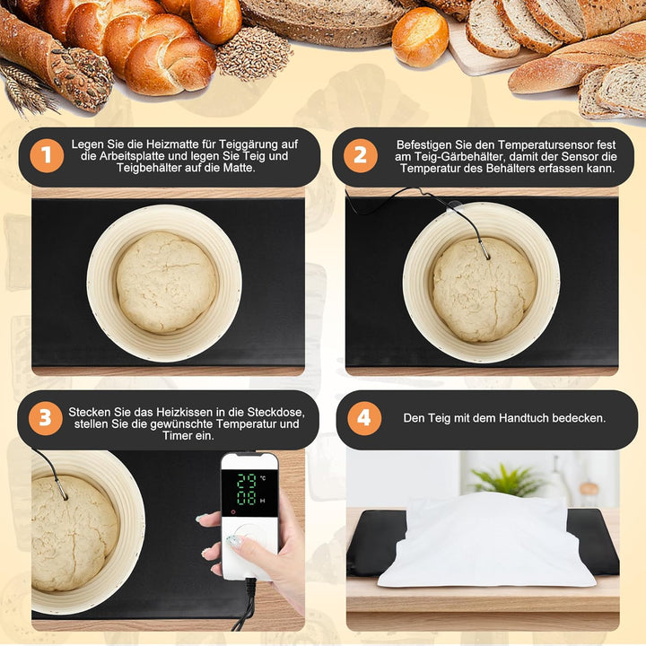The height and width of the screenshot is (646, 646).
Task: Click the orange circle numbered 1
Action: pos(47,156)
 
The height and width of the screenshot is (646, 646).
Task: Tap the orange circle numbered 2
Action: pos(360,156)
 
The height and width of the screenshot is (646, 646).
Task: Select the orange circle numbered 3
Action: pos(45,419)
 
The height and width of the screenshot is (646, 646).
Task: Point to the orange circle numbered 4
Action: pos(363,419)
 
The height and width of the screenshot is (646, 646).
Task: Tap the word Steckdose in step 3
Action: pos(278,412)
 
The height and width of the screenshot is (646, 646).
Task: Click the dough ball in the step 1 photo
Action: pos(166,282)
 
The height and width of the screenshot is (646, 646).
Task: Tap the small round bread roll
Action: pos(420,37)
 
